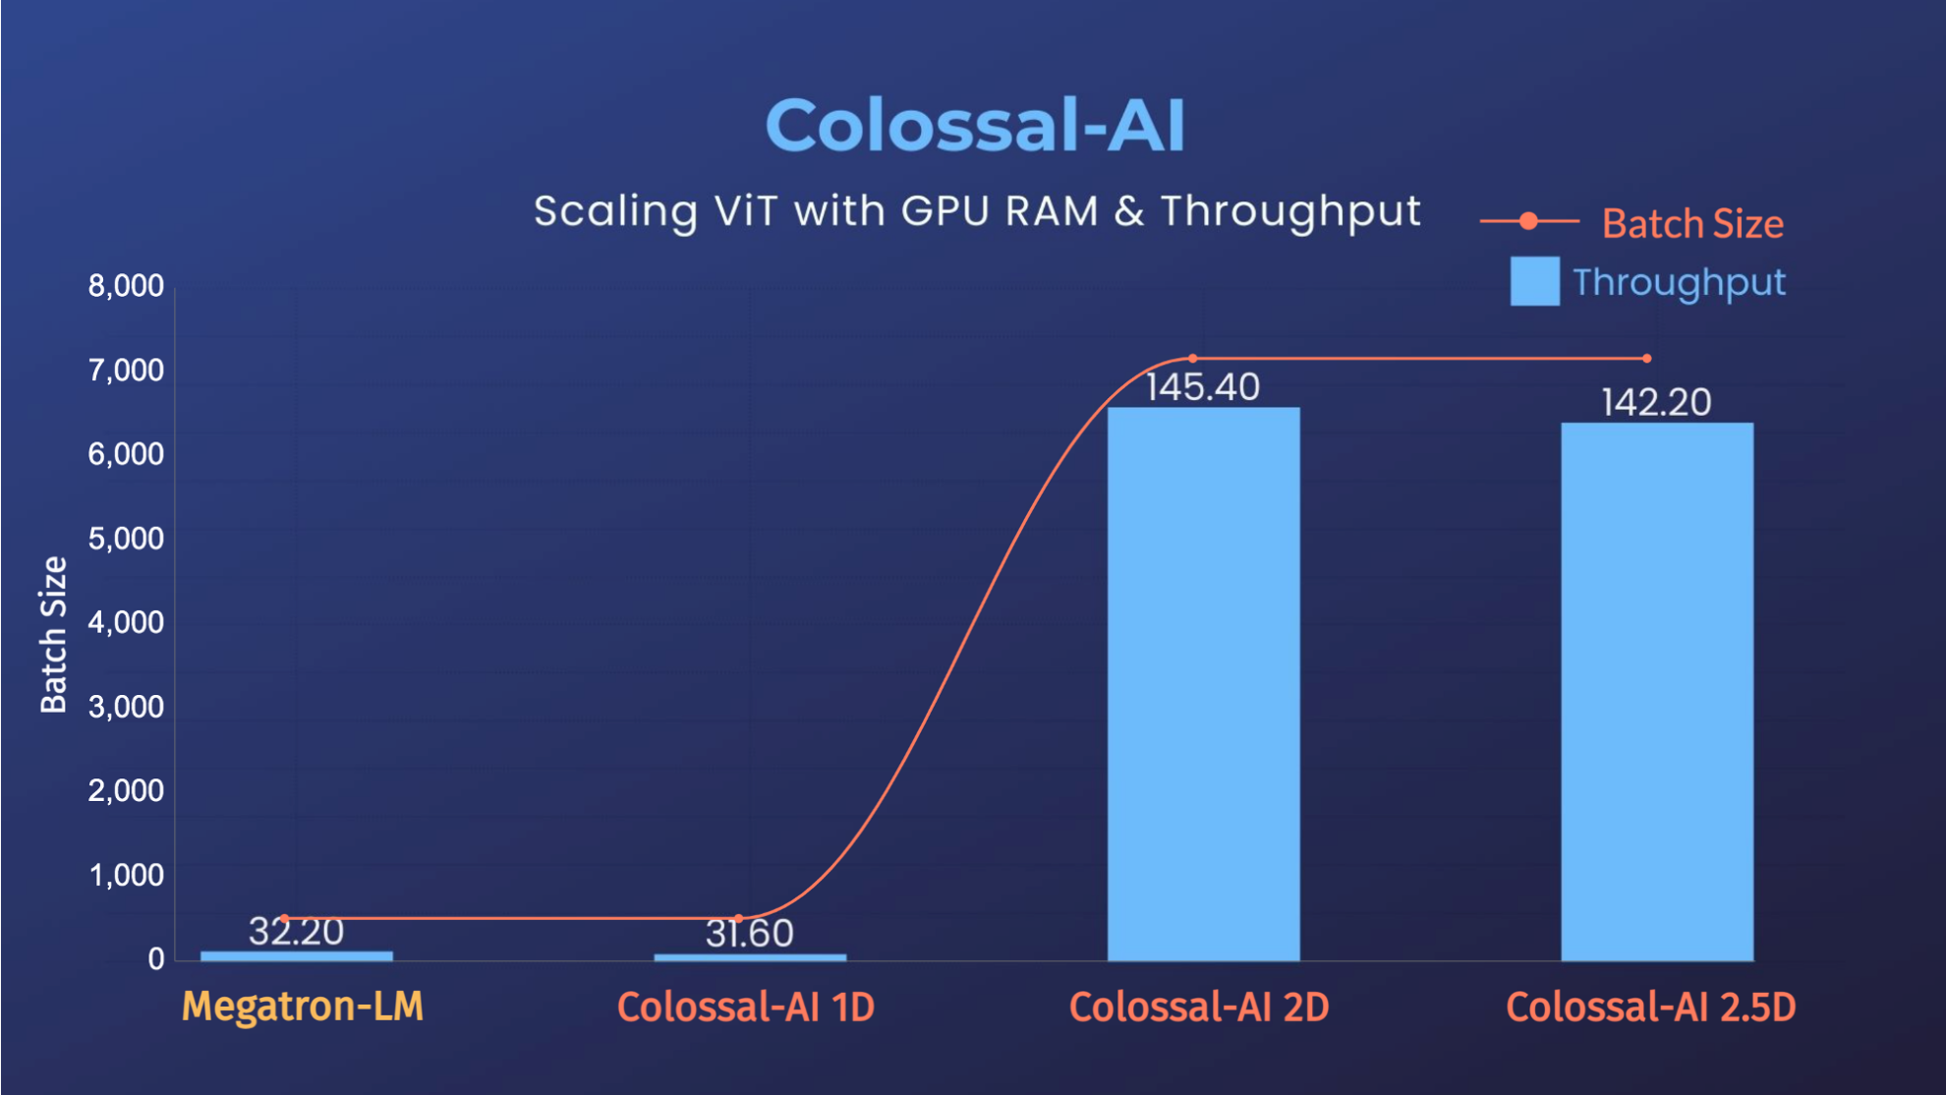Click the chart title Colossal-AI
tap(975, 126)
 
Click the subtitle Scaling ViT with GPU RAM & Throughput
tap(977, 211)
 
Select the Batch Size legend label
tap(1692, 224)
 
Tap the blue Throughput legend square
tap(1534, 282)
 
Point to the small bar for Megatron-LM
tap(297, 955)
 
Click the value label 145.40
tap(1203, 387)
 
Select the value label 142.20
tap(1657, 403)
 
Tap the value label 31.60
tap(749, 934)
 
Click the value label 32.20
tap(296, 932)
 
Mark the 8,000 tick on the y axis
tap(126, 286)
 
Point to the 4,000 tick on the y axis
tap(126, 622)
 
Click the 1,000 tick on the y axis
tap(126, 875)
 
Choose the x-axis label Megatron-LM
tap(303, 1007)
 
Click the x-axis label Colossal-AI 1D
tap(746, 1008)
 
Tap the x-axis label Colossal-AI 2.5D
tap(1651, 1008)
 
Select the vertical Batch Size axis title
tap(53, 635)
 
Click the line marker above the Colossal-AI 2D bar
tap(1193, 358)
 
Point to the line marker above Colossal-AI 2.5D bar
tap(1647, 358)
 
